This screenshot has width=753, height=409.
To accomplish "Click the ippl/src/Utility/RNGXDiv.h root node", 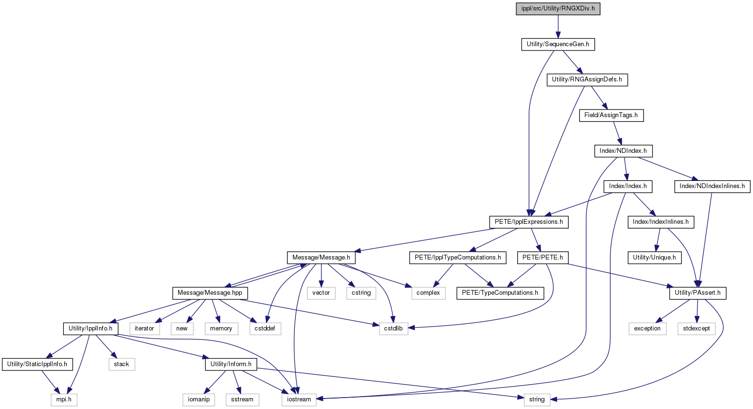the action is click(x=558, y=9).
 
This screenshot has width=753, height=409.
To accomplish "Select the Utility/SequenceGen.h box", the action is click(x=558, y=44).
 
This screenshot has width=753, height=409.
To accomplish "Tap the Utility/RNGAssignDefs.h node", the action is click(x=587, y=80).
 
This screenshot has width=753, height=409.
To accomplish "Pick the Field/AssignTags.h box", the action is click(x=611, y=115).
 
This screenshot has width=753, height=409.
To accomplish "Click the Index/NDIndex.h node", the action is click(x=623, y=151).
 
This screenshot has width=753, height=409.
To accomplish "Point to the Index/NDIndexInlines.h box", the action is click(x=712, y=187).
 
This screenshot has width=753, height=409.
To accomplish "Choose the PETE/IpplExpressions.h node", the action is click(x=529, y=222).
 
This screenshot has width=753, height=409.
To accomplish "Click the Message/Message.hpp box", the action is click(x=210, y=293).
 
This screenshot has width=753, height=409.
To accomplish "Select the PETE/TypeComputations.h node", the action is click(x=500, y=293).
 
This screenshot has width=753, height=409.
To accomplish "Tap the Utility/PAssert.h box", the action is click(x=698, y=293).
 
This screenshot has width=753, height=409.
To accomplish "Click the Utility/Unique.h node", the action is click(x=654, y=258).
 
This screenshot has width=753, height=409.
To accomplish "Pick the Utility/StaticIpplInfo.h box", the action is click(x=37, y=364).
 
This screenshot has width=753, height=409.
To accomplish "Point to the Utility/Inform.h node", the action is click(x=231, y=364).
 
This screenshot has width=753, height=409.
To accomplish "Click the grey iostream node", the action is click(x=299, y=399).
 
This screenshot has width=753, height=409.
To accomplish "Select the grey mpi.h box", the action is click(x=64, y=399).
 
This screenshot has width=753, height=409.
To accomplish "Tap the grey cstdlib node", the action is click(x=393, y=329).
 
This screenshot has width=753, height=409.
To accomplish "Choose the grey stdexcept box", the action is click(x=696, y=329).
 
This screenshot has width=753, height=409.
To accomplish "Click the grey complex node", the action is click(x=428, y=293).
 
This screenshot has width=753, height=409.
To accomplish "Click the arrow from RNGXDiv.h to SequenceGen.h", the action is click(x=558, y=27).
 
